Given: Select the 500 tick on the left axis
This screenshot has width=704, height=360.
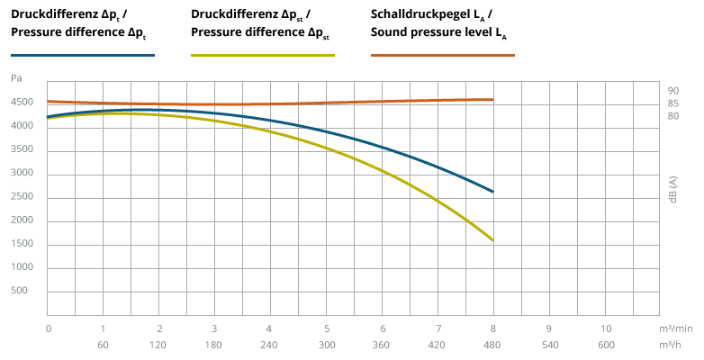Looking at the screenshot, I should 21,292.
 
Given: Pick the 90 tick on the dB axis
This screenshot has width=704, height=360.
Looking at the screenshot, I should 673,91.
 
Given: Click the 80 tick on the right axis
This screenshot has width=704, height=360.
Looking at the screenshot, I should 673,115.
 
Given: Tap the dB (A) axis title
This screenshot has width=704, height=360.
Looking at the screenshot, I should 673,186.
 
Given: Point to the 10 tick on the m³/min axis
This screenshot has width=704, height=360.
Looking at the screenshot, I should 605,328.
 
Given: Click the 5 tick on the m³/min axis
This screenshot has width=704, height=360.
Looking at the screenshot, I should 327,328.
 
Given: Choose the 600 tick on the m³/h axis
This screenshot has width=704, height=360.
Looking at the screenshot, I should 605,345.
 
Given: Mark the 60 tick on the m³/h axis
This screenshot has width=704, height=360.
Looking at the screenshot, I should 103,345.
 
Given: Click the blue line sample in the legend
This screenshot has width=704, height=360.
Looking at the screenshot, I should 83,55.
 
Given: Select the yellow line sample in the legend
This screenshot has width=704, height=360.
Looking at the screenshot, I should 263,55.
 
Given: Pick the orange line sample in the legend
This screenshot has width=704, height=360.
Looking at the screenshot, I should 443,55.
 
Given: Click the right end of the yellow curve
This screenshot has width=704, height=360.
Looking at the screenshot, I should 493,240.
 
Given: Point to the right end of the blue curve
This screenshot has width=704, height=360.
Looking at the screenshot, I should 493,192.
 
